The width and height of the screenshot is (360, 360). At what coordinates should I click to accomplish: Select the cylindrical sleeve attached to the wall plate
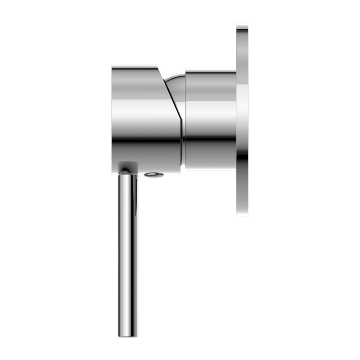tap(211, 119)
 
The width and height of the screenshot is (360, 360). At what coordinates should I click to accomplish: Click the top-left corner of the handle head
tap(113, 65)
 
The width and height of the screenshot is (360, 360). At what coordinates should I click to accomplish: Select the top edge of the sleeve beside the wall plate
tap(211, 69)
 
